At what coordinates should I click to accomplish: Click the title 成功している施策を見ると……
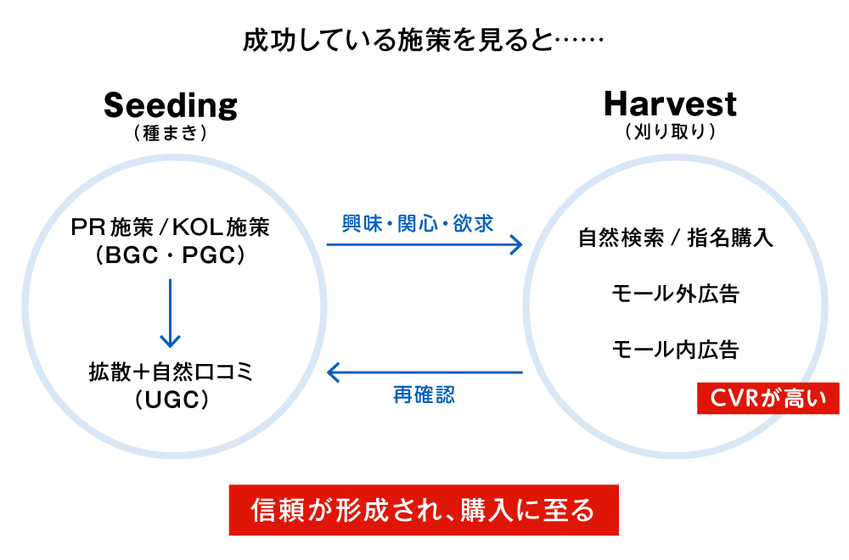tap(424, 40)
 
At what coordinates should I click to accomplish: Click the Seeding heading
tap(171, 105)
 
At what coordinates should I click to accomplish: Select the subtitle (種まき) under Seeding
tap(171, 133)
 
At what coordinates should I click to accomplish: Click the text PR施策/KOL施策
tap(171, 228)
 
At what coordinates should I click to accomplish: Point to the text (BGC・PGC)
tap(171, 255)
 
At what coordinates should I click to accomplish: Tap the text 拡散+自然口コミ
tap(171, 371)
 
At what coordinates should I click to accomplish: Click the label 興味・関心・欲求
tap(418, 223)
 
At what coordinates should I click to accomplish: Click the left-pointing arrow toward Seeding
tap(424, 372)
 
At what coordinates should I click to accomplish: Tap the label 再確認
tap(424, 395)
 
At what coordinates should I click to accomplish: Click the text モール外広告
tap(676, 294)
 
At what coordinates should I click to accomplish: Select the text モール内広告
tap(676, 349)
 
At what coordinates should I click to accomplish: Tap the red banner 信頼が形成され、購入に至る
tap(424, 510)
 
